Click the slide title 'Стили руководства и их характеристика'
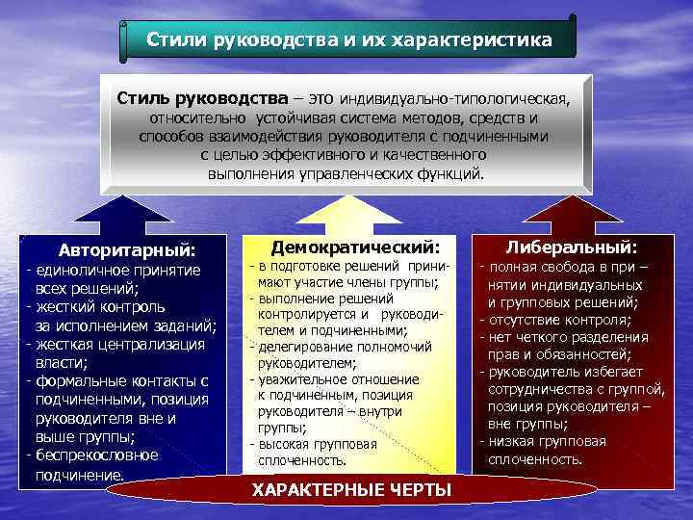point(349,41)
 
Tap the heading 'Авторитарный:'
point(126,249)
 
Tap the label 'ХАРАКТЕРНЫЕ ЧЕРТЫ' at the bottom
point(351,491)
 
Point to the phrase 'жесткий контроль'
point(91,307)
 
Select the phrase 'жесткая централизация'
point(119,344)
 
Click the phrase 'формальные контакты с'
point(120,381)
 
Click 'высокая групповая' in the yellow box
point(314,444)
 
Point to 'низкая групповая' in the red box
point(549,441)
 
